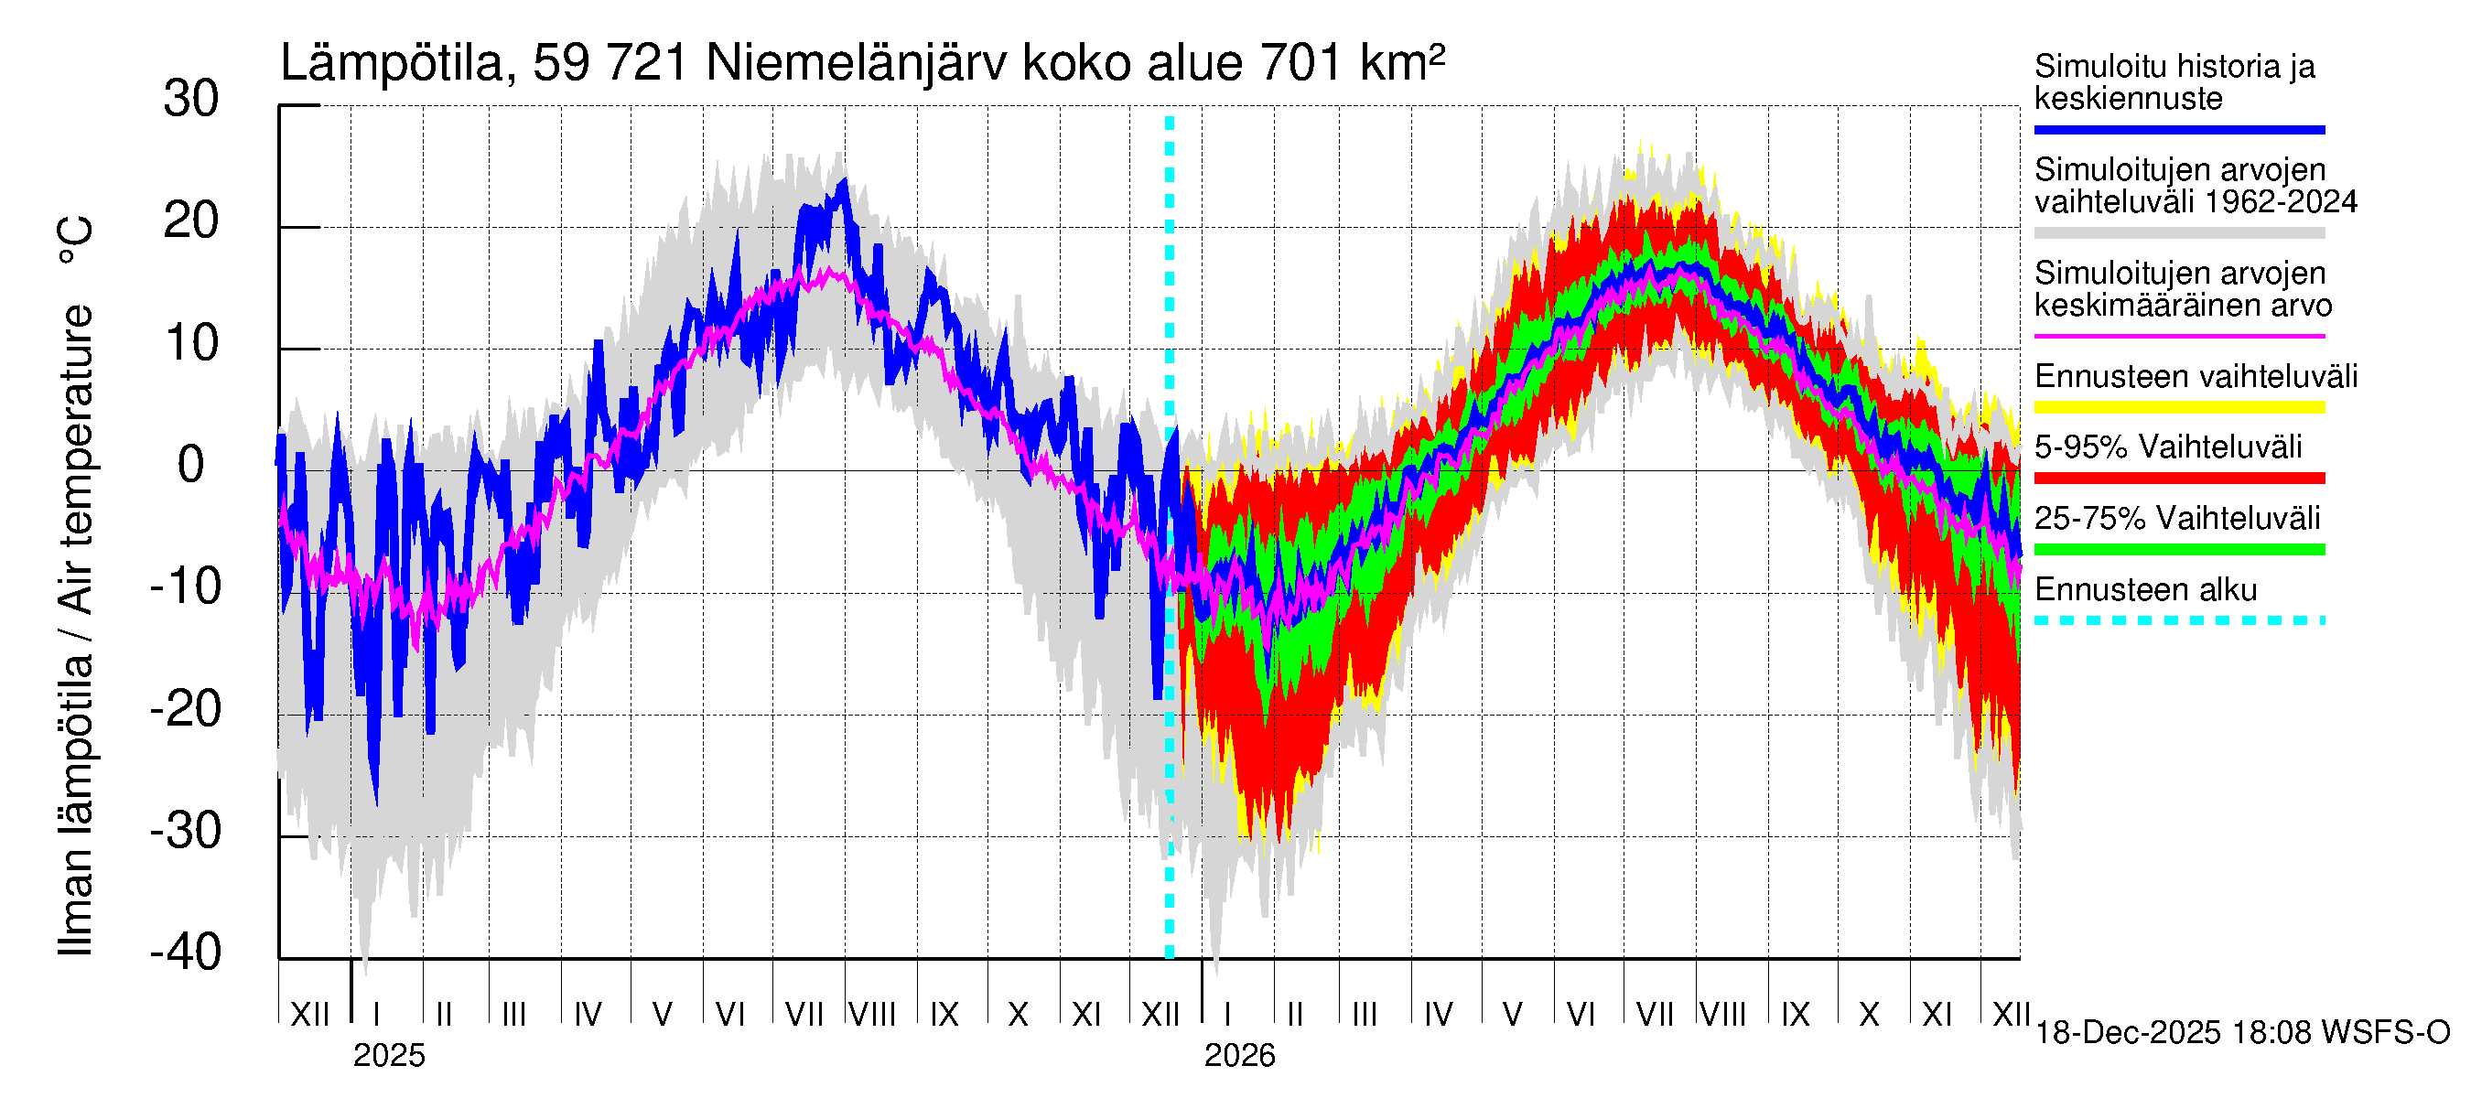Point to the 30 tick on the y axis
191,99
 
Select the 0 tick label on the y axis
191,465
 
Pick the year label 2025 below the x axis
388,1056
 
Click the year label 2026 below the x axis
1239,1056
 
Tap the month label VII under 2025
804,1014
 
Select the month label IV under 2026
1438,1014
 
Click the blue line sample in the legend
2178,129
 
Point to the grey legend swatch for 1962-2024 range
2178,233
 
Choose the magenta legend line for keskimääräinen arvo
2178,337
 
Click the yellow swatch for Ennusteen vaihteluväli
2178,407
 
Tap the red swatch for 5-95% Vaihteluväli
2178,478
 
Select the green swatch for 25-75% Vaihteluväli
2178,550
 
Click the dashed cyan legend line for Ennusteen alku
2178,620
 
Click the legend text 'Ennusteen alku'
2145,588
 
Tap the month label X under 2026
1869,1014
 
